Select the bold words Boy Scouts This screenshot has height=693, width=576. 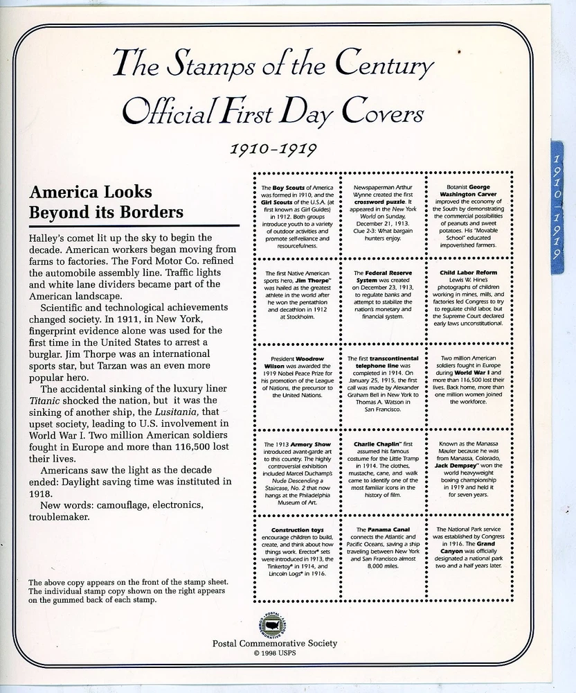pyautogui.click(x=284, y=188)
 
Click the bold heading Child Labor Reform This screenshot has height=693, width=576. pyautogui.click(x=469, y=272)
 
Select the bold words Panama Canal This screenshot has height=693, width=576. pyautogui.click(x=386, y=530)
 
